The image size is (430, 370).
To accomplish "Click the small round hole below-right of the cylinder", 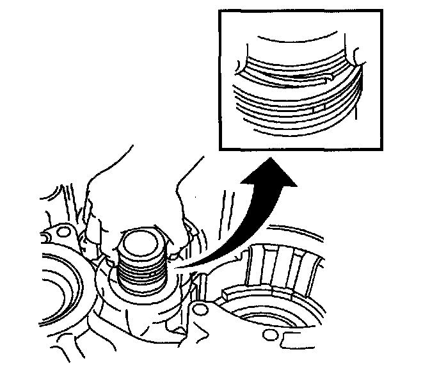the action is coord(202,311).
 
